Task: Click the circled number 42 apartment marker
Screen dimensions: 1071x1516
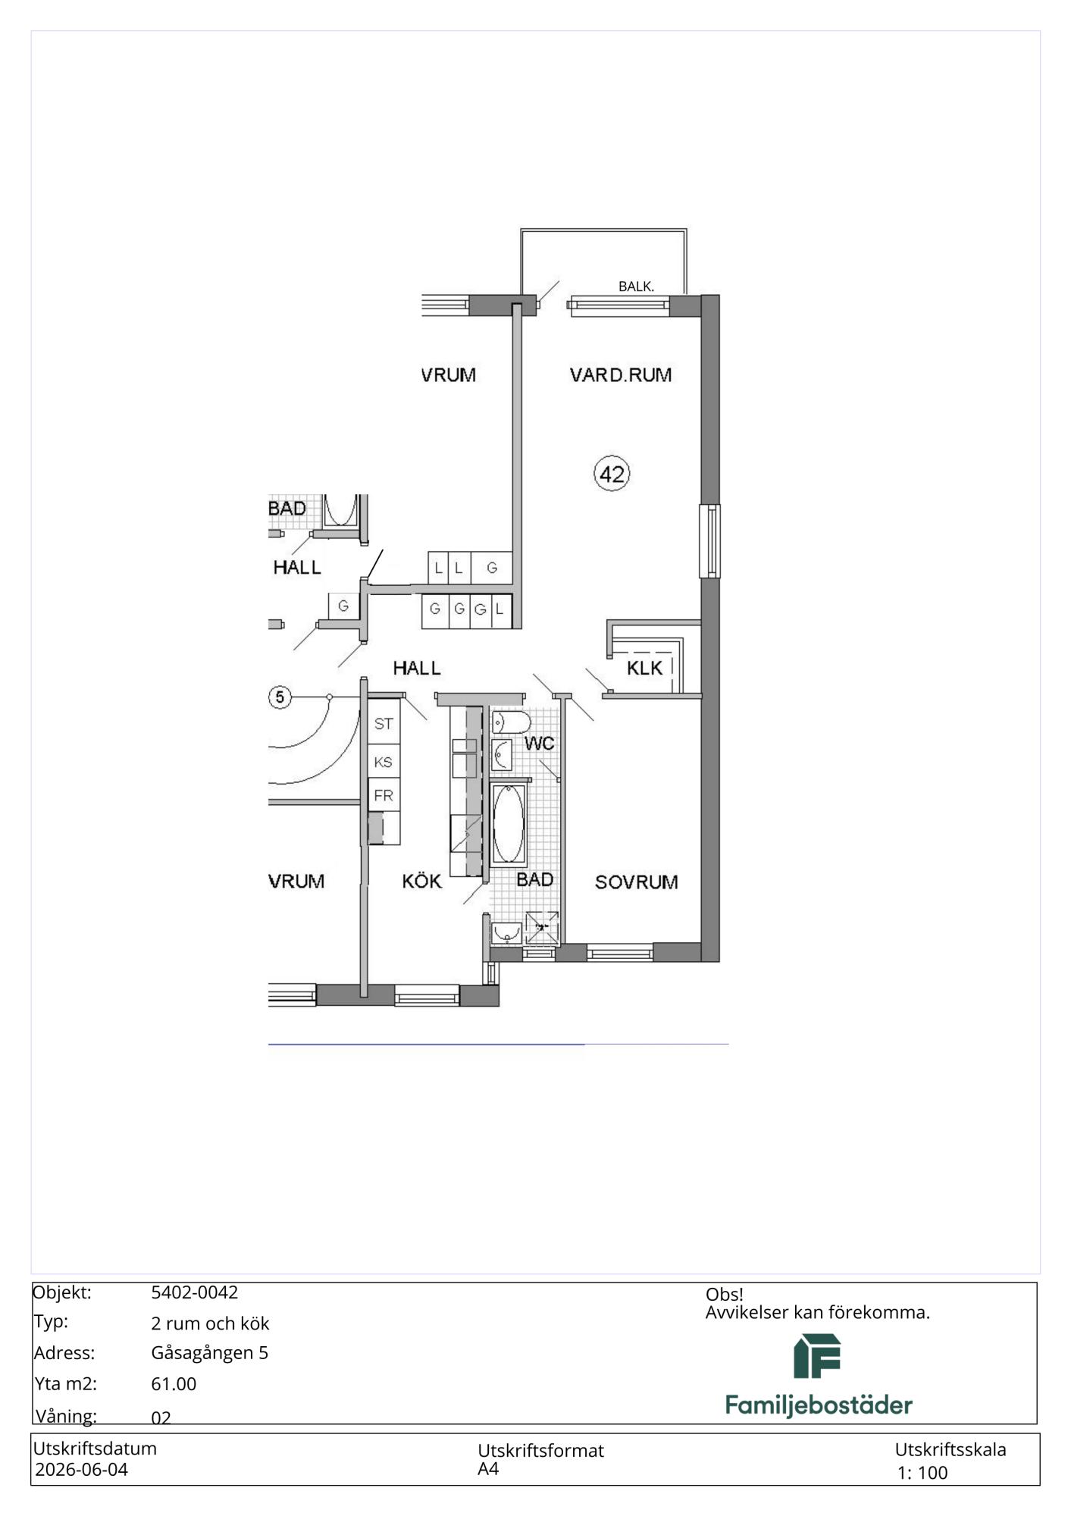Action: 612,474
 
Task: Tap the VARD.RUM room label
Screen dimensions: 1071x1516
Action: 621,374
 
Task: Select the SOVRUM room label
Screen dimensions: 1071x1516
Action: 637,882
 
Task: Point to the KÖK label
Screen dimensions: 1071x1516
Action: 422,881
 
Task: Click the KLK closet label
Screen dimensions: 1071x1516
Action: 645,668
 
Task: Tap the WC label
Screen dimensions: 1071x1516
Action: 540,743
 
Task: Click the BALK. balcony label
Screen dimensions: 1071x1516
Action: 636,287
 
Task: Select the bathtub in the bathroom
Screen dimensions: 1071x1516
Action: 509,825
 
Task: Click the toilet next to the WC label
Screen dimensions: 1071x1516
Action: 506,722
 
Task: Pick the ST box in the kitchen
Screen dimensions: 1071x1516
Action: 384,724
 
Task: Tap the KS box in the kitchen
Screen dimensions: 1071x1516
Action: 384,762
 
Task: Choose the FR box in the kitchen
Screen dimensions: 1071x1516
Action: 384,796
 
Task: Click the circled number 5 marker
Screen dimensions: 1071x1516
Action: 280,697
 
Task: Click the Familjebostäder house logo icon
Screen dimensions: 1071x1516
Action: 817,1356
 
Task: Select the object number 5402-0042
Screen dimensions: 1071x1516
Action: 195,1292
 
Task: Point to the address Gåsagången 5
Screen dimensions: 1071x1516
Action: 210,1353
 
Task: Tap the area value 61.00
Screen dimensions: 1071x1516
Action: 174,1384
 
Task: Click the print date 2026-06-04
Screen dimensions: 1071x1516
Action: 82,1470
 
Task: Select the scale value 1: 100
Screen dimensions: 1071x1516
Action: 922,1473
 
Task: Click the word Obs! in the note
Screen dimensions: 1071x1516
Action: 725,1295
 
